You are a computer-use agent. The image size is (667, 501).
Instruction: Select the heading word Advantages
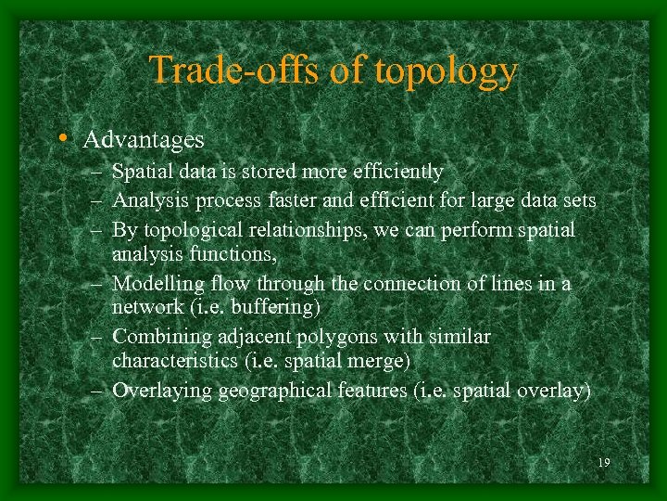point(144,140)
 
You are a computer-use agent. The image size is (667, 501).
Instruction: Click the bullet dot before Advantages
point(60,139)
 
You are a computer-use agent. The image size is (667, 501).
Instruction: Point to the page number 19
point(604,462)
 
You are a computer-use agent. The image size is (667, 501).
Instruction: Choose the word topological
point(190,229)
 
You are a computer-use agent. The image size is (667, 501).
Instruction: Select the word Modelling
point(156,283)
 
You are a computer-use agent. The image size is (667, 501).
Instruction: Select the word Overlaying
point(161,391)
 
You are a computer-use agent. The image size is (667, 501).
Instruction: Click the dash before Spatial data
point(96,173)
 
